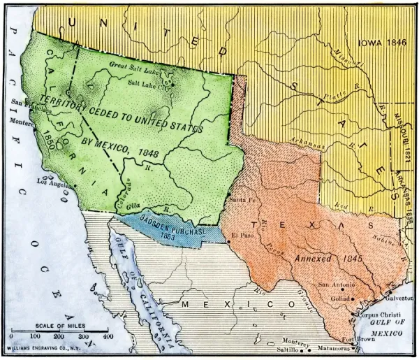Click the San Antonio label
[338, 285]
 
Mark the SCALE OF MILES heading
[61, 325]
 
